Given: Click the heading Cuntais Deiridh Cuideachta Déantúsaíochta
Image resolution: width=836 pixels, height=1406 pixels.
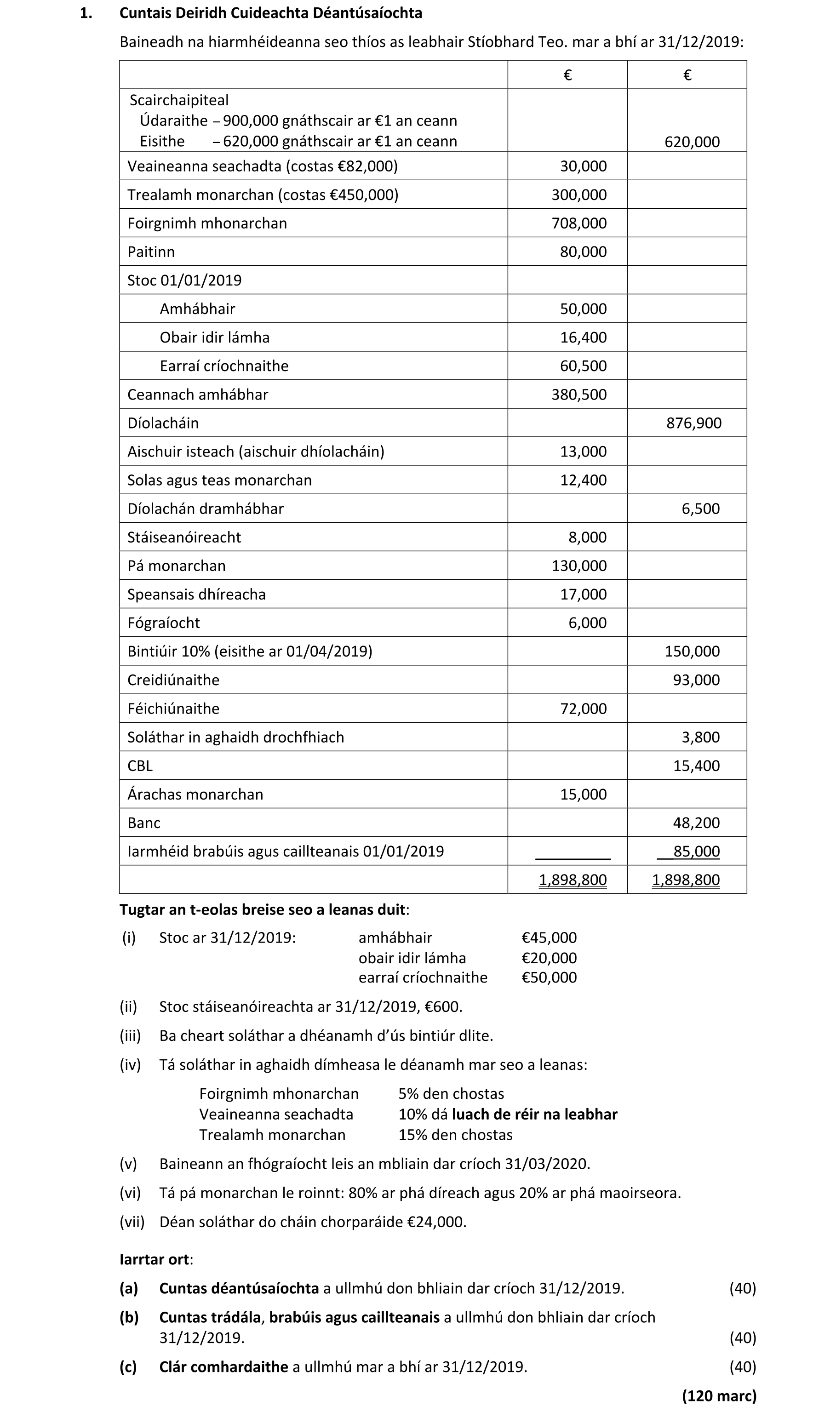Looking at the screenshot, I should coord(270,13).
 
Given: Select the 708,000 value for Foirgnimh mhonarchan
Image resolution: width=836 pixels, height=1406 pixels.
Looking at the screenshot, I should coord(578,223).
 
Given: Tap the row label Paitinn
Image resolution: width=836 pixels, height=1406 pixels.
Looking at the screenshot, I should coord(151,251).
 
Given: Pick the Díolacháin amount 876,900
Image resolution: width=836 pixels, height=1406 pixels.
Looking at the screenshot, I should coord(693,423).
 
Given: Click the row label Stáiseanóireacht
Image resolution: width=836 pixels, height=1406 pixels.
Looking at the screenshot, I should coord(184,537).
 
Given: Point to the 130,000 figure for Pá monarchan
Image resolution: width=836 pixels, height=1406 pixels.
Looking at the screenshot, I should coord(578,566).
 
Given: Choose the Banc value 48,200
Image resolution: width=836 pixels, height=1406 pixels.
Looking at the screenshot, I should coord(696,823).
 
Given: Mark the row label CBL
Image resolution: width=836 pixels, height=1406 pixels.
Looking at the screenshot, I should coord(140,766).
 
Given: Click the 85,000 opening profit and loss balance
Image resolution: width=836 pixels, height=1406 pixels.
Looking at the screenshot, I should coord(696,852).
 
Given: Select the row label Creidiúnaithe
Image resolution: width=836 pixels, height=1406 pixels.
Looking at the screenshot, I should coord(173,680).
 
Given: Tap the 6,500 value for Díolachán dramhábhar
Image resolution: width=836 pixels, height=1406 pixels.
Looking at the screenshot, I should coord(700,509).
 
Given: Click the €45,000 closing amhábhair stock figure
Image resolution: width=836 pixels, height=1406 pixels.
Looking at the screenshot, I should coord(549,937).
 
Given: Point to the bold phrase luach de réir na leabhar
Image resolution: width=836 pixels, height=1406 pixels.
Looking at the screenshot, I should coord(535,1115).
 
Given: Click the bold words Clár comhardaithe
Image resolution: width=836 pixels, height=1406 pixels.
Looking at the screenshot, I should coord(223,1366).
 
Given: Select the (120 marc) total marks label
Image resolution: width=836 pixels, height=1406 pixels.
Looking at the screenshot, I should coord(719,1396).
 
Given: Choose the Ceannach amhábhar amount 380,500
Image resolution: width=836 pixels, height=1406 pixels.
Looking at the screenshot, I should coord(578,394).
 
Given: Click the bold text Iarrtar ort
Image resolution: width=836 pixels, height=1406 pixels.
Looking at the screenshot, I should coord(155,1259).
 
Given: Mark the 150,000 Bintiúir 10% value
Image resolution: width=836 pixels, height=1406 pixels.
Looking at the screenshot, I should coord(692,652).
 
